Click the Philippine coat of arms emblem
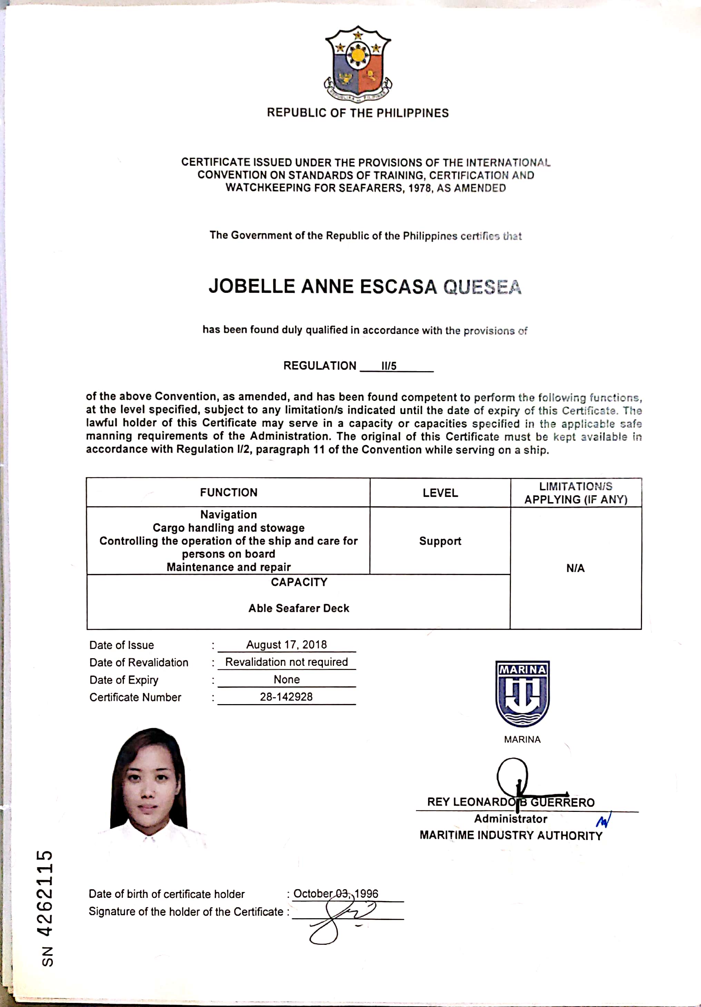(358, 63)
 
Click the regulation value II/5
(388, 366)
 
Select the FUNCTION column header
(229, 492)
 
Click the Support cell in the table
(440, 541)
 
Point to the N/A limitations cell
(575, 568)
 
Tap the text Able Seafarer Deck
(299, 608)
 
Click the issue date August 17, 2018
(287, 645)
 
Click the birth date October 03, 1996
(336, 893)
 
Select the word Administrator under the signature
(511, 819)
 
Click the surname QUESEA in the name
(482, 287)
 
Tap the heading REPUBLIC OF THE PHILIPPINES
(358, 113)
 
